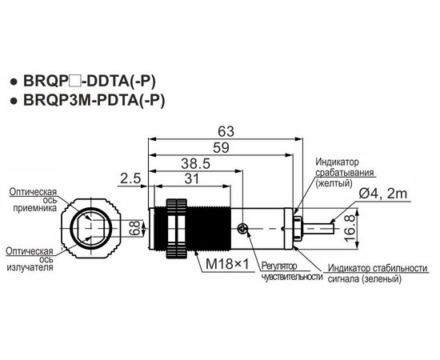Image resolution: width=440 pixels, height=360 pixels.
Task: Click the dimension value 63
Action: point(226,131)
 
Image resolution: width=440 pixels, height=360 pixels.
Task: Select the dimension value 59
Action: point(221,147)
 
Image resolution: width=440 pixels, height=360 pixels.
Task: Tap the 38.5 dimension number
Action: point(195,163)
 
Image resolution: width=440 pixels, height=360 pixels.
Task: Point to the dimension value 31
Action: point(192,178)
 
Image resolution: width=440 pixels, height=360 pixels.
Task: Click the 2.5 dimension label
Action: point(130,178)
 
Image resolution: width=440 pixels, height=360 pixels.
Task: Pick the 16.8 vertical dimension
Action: point(350,229)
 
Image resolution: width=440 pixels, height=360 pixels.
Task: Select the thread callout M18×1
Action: point(227,264)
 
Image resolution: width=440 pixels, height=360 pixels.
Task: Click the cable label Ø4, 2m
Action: point(382,194)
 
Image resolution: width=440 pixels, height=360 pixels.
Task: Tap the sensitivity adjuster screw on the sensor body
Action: point(242,229)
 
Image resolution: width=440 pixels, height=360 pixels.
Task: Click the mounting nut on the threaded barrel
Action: point(177,229)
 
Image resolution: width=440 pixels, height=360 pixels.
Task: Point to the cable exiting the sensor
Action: point(318,229)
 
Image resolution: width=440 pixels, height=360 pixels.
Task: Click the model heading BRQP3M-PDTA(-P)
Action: point(94,100)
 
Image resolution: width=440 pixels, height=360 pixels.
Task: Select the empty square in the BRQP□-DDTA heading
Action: point(75,82)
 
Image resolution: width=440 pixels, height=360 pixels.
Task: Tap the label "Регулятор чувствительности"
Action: point(292,271)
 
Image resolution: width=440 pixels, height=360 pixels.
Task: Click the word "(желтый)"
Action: point(334,183)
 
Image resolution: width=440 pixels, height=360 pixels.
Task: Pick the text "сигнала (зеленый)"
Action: point(365,279)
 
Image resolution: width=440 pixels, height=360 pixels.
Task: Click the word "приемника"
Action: point(35,208)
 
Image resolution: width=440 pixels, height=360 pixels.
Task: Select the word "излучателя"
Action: point(30,267)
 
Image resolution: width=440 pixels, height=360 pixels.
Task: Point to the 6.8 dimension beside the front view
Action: point(135,228)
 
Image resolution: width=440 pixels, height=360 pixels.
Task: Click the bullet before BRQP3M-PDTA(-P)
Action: point(13,102)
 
